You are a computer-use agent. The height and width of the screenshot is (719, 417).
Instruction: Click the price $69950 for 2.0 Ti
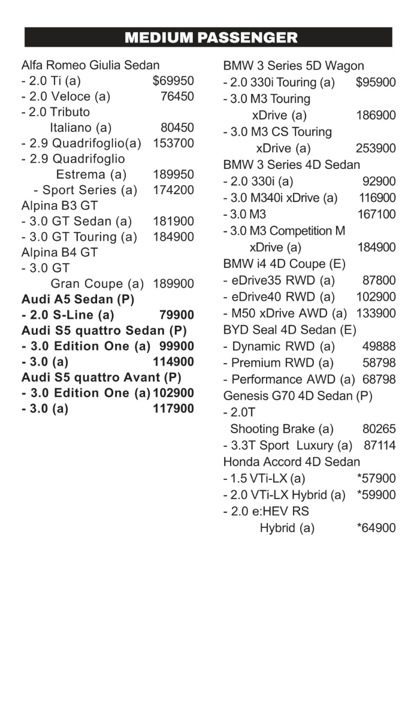click(x=173, y=81)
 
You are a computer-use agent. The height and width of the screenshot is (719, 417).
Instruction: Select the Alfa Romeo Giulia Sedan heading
click(x=90, y=65)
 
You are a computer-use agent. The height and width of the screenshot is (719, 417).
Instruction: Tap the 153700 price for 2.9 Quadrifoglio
click(x=174, y=143)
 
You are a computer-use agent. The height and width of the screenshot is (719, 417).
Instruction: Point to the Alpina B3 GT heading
click(x=59, y=206)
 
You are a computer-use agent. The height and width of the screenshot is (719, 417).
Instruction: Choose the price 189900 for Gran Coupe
click(x=174, y=283)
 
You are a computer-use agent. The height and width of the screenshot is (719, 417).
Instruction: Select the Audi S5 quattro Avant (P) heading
click(x=101, y=377)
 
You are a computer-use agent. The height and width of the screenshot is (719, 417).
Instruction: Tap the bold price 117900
click(x=174, y=409)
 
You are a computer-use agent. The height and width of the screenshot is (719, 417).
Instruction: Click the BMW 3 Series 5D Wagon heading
click(x=294, y=66)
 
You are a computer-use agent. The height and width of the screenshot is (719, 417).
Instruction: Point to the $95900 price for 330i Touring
click(x=376, y=83)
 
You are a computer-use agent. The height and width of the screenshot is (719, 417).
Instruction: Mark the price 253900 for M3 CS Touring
click(x=376, y=149)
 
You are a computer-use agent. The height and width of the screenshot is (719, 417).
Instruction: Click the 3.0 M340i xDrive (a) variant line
click(x=280, y=198)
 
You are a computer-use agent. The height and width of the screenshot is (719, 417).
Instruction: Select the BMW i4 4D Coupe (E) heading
click(x=285, y=264)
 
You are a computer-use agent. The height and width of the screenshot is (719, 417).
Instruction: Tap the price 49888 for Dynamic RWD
click(x=379, y=346)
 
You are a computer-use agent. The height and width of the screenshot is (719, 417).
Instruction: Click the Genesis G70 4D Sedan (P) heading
click(x=298, y=395)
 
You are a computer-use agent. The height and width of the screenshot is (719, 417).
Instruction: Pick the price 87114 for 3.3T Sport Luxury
click(x=379, y=445)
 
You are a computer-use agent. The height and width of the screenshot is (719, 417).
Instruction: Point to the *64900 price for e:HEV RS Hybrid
click(x=376, y=528)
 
